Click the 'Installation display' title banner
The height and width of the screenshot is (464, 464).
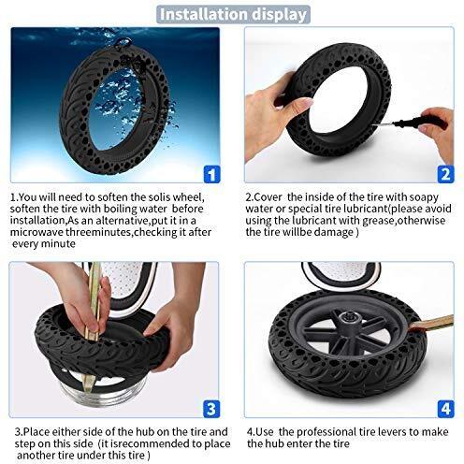coord(232,14)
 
